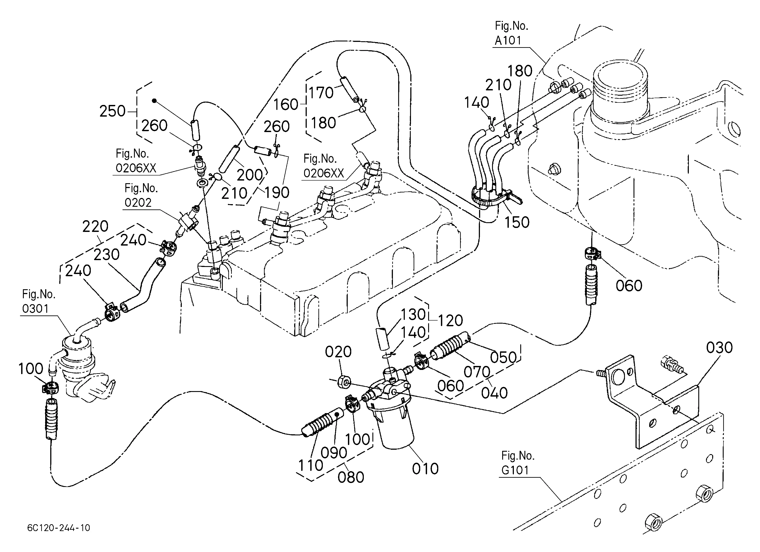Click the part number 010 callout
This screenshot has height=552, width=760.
click(x=425, y=468)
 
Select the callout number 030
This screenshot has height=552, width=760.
click(x=719, y=348)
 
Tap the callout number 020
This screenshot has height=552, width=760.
click(x=338, y=352)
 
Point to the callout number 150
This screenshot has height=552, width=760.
click(x=517, y=222)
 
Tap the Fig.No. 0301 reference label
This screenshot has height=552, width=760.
click(x=39, y=301)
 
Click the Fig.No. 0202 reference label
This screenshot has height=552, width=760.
click(x=141, y=195)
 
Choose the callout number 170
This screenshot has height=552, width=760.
click(x=321, y=93)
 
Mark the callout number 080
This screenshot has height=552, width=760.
click(x=351, y=477)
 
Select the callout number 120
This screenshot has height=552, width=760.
click(x=450, y=321)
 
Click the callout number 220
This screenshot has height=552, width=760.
click(x=95, y=227)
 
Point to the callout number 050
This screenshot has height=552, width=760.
click(x=503, y=357)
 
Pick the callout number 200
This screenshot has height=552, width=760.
click(x=250, y=175)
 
